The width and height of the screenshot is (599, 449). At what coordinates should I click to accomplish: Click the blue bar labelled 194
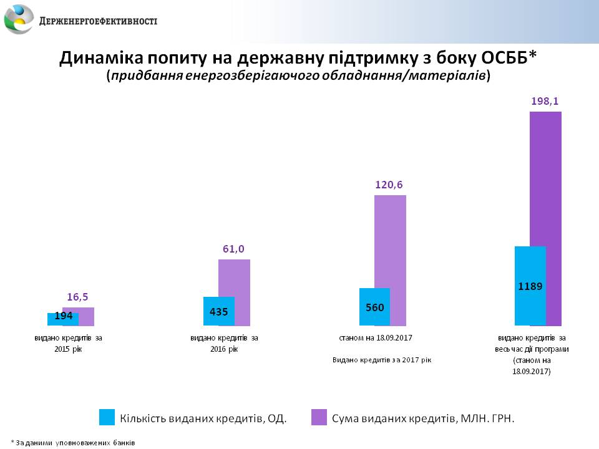62,319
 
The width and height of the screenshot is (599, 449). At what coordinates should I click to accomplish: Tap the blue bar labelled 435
218,311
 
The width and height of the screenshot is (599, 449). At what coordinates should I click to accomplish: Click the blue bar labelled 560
374,307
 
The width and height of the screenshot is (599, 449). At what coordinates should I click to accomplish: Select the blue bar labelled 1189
530,286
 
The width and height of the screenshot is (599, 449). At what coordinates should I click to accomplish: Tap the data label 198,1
545,100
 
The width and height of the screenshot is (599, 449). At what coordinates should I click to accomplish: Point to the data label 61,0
233,249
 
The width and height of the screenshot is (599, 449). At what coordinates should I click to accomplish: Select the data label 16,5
78,297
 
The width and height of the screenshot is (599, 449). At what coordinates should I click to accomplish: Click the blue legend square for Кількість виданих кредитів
107,418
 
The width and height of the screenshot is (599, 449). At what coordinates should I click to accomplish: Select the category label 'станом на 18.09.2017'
376,337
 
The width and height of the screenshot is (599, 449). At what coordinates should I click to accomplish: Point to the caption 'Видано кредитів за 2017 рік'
382,360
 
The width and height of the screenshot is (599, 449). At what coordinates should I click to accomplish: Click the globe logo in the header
19,19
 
